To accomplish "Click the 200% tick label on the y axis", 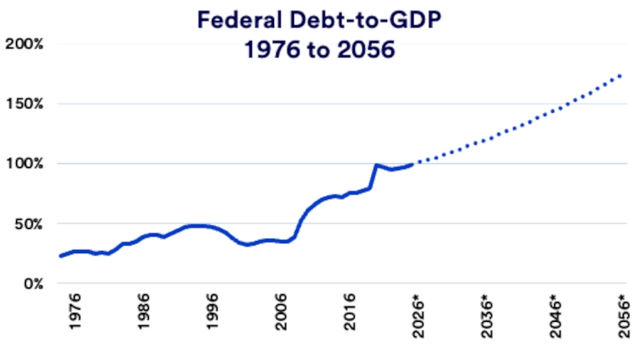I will (24, 43).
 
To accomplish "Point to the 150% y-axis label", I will (24, 104).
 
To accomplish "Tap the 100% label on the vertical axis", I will (24, 163).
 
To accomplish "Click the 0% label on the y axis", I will (32, 284).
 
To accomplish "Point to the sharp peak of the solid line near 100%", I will (375, 165).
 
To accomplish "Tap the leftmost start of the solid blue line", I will (60, 256).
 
